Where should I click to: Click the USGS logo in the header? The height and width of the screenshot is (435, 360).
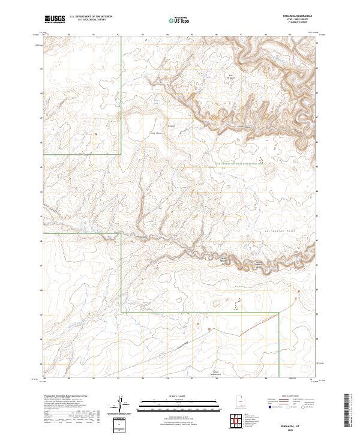tap(53, 19)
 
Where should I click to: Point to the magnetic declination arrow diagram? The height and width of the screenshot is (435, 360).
tap(121, 403)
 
